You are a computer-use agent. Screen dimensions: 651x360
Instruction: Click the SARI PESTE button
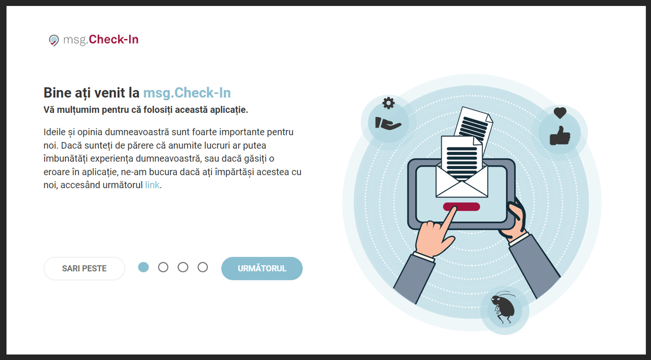84,268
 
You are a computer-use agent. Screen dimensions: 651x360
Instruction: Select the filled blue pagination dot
143,267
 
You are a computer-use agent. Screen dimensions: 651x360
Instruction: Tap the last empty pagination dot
202,267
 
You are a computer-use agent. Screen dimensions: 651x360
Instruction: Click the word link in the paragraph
152,185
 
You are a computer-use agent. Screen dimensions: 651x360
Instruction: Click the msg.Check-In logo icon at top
54,40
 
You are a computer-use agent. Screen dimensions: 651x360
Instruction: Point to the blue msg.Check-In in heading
187,93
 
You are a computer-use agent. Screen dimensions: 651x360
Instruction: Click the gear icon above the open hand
388,103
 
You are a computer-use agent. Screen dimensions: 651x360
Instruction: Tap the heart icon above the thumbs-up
560,113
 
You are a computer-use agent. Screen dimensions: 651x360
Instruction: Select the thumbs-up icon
560,136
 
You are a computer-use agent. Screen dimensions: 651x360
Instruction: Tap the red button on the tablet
461,207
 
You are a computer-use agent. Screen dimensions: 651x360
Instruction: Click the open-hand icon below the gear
388,123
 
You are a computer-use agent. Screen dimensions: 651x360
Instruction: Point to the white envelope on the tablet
462,180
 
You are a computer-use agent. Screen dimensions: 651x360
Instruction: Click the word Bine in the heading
58,93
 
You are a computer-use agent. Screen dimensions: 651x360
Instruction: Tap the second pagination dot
163,267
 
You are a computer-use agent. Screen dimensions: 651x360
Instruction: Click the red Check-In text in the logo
113,40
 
